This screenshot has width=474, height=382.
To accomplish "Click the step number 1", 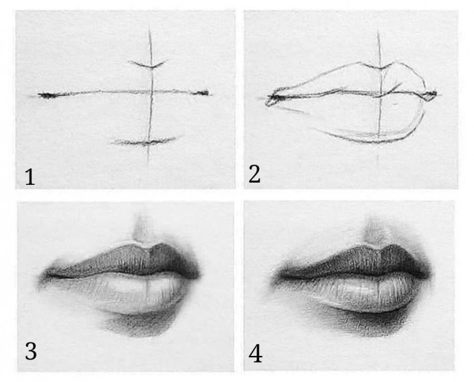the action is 30,177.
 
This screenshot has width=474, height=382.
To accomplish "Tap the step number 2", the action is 254,175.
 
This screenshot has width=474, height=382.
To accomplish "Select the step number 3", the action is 31,351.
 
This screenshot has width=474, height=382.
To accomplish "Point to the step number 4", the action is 256,354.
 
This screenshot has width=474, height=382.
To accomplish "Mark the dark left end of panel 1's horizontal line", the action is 47,95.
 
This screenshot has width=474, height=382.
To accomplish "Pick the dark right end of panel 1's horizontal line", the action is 202,93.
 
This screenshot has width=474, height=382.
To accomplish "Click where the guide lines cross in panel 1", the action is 151,91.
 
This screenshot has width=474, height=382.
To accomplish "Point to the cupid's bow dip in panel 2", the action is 381,68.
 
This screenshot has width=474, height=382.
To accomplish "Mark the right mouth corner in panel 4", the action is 426,273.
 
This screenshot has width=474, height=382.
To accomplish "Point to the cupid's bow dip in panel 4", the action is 375,247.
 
